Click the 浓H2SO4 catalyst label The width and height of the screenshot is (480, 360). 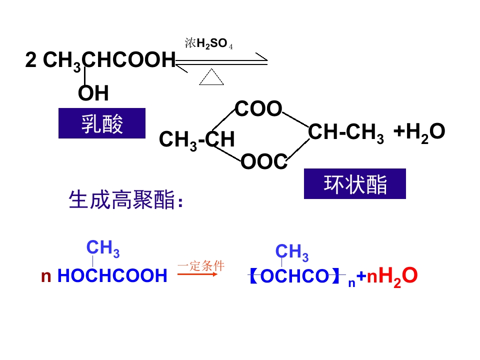click(209, 43)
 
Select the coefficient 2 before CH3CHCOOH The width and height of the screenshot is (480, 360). click(31, 59)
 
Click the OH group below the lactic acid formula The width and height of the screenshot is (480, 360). click(93, 93)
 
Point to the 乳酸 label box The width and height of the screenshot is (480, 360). click(102, 123)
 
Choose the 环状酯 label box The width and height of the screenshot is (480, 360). click(355, 183)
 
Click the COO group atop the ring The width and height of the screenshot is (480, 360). click(258, 108)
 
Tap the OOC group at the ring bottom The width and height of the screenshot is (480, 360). click(264, 161)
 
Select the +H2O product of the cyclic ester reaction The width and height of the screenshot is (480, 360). click(419, 132)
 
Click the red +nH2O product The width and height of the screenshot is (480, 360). click(387, 276)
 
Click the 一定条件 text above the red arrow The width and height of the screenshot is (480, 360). click(201, 265)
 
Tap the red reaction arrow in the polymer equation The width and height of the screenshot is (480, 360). click(197, 274)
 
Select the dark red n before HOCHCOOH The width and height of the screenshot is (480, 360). click(46, 276)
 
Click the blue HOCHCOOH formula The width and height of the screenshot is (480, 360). click(112, 275)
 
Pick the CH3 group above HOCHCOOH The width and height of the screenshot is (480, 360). click(103, 248)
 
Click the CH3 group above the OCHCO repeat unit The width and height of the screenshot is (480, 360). click(292, 252)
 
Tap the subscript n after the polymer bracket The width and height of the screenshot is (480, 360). click(351, 283)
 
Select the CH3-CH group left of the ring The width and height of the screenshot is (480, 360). click(197, 140)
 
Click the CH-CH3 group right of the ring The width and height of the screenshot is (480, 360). click(346, 133)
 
